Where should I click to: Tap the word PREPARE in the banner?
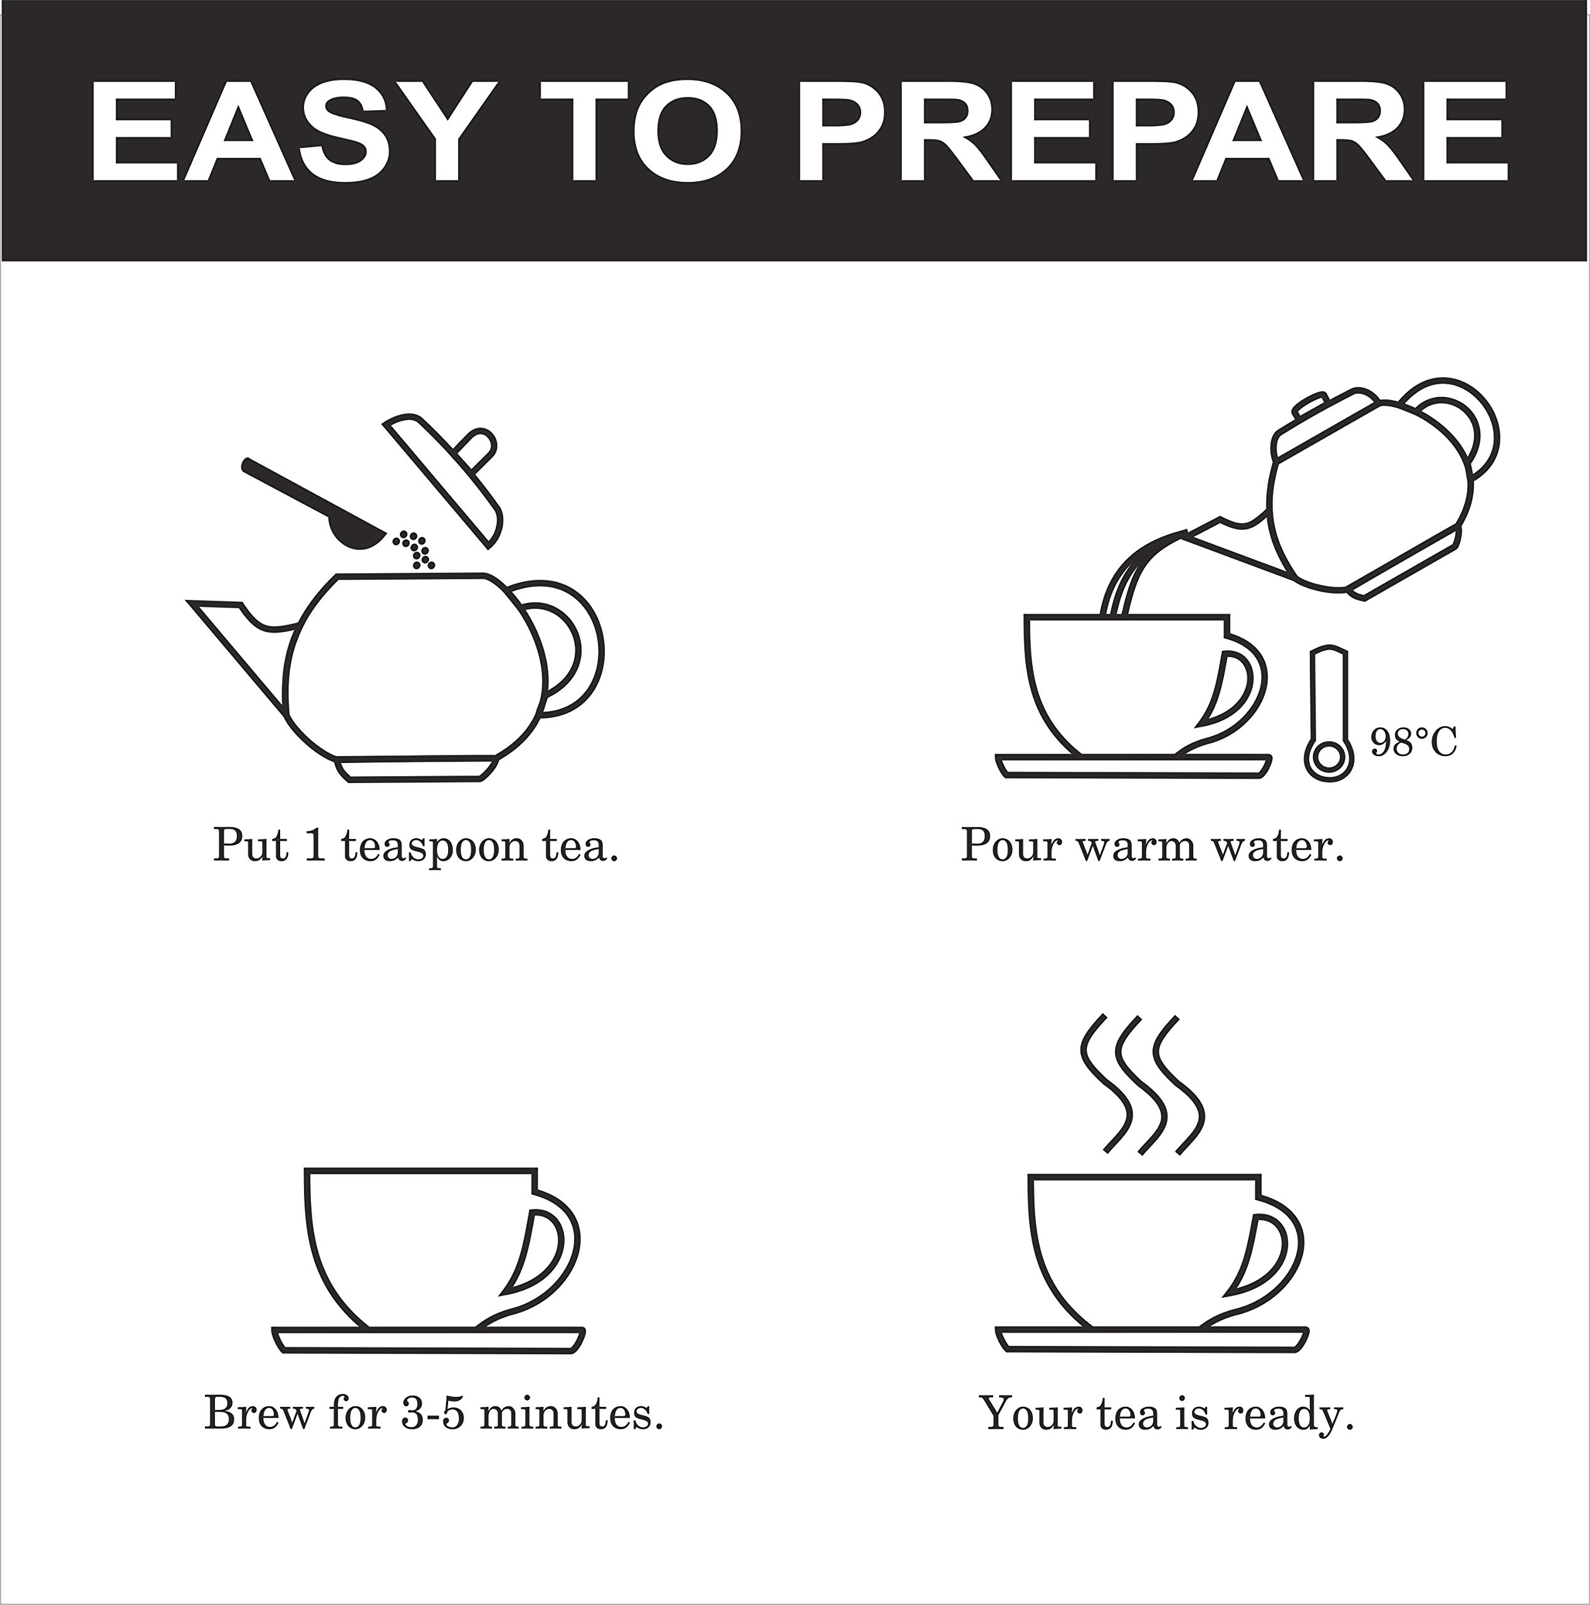click(1153, 131)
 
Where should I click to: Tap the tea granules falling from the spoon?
click(415, 549)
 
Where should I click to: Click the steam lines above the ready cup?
click(1142, 1083)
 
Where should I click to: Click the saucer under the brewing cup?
click(429, 1340)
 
